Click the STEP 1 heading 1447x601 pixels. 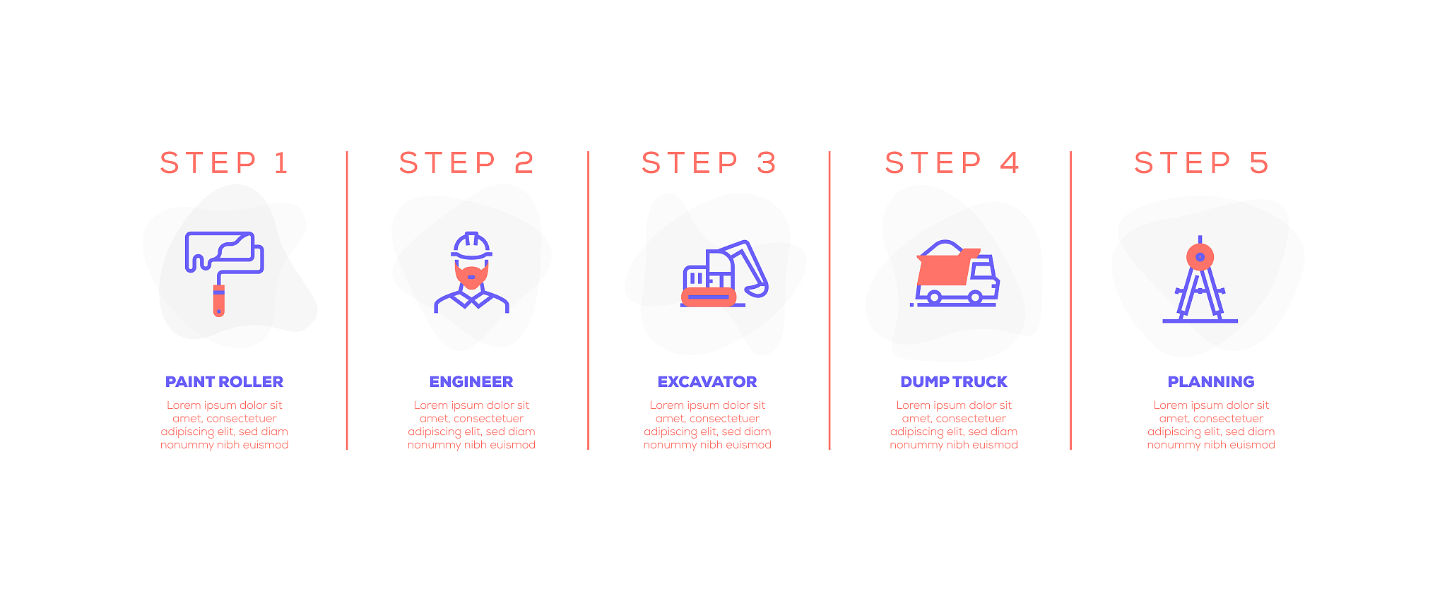[224, 163]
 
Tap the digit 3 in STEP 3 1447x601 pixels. [767, 163]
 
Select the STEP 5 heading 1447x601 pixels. [1201, 163]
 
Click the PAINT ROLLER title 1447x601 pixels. [224, 382]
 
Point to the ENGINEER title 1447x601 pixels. [471, 382]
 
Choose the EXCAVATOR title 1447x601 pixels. [707, 382]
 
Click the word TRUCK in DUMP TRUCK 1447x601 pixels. [980, 382]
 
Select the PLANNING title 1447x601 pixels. [1211, 382]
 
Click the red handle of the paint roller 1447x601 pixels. [219, 301]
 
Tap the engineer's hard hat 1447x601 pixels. [471, 245]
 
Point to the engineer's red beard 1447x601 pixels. [471, 274]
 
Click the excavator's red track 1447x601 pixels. [709, 297]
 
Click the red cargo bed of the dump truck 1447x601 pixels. [947, 268]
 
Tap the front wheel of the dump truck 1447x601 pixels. [976, 297]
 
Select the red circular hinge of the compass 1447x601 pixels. [1200, 257]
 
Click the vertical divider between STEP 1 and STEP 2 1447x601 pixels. [347, 300]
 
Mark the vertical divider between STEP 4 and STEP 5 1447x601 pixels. [1070, 300]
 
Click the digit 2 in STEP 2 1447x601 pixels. [524, 163]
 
